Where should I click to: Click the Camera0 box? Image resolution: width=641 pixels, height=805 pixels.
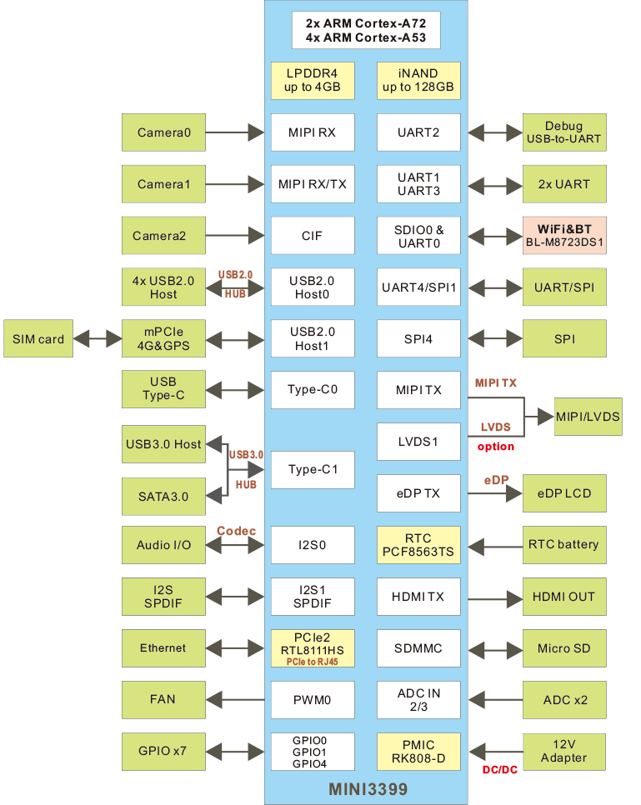pos(163,132)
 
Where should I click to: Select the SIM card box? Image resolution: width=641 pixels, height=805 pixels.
pos(38,339)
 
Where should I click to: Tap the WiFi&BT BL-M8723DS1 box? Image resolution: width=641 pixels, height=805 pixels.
pos(564,236)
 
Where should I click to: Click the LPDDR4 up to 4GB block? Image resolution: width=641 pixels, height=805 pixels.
pos(313,81)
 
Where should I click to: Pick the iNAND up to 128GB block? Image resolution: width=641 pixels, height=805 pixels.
pos(418,81)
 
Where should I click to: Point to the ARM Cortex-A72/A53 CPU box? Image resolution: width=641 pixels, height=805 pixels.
pos(366,30)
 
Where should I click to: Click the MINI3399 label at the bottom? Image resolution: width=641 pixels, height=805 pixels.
pos(366,787)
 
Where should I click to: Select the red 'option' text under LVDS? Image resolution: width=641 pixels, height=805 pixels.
pos(495,447)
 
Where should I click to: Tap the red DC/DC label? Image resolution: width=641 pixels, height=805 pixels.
pos(500,769)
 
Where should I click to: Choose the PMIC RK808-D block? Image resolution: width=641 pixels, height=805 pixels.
pos(418,752)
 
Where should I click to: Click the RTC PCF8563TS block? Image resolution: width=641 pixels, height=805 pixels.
pos(418,545)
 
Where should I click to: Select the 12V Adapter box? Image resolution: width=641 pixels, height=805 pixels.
pos(564,752)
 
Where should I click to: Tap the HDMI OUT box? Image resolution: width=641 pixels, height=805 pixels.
pos(564,597)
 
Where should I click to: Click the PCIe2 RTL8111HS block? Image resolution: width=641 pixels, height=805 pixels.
pos(313,648)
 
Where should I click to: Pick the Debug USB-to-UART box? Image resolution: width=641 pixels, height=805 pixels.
pos(564,132)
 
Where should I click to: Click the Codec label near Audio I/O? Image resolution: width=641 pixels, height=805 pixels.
pos(235,531)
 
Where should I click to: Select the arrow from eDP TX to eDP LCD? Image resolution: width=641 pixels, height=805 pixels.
pos(491,493)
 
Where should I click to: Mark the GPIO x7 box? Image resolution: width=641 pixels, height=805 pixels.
pos(163,752)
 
